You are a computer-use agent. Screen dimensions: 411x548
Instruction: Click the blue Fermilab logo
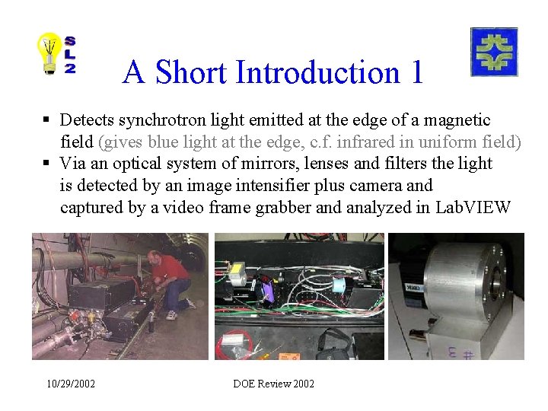494,52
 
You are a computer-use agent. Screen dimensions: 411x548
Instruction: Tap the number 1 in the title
416,73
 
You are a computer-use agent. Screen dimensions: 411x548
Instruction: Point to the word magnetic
457,120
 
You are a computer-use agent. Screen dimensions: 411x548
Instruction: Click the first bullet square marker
46,120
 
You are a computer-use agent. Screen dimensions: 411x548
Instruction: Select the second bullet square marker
46,164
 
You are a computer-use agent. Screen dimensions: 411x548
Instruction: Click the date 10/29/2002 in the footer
70,384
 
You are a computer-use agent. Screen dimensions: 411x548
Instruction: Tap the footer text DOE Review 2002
273,384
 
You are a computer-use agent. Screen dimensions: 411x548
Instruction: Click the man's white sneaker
172,315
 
